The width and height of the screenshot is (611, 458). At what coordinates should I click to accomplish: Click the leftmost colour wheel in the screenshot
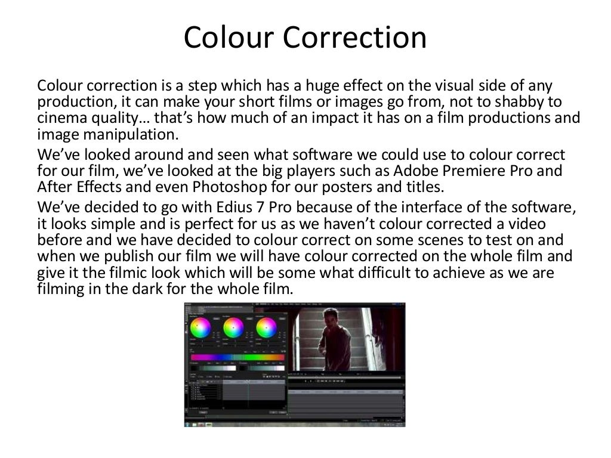pos(200,328)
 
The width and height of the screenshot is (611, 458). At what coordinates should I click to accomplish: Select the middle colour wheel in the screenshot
pos(233,328)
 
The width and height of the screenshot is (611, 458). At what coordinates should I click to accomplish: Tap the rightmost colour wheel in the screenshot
pos(266,328)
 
